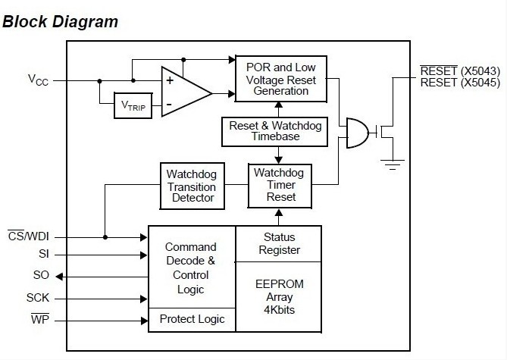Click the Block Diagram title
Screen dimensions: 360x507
pyautogui.click(x=61, y=21)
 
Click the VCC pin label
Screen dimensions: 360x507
pyautogui.click(x=38, y=80)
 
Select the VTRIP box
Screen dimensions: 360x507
pyautogui.click(x=133, y=105)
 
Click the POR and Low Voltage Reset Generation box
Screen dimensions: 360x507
pyautogui.click(x=280, y=79)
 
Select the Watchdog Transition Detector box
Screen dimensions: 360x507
pyautogui.click(x=191, y=186)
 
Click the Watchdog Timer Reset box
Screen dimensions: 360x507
pyautogui.click(x=280, y=185)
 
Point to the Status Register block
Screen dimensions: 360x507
pyautogui.click(x=279, y=243)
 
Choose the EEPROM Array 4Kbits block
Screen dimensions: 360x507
pyautogui.click(x=279, y=296)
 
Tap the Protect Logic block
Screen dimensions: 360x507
pyautogui.click(x=192, y=319)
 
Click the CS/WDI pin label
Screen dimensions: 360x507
pyautogui.click(x=28, y=236)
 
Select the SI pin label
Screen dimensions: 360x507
pyautogui.click(x=43, y=255)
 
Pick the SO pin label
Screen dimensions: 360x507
pyautogui.click(x=41, y=276)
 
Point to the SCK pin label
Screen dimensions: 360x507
pyautogui.click(x=38, y=299)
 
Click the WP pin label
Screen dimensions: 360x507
pyautogui.click(x=39, y=319)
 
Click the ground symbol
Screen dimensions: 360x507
pyautogui.click(x=393, y=162)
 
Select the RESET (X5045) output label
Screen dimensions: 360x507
pyautogui.click(x=460, y=83)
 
